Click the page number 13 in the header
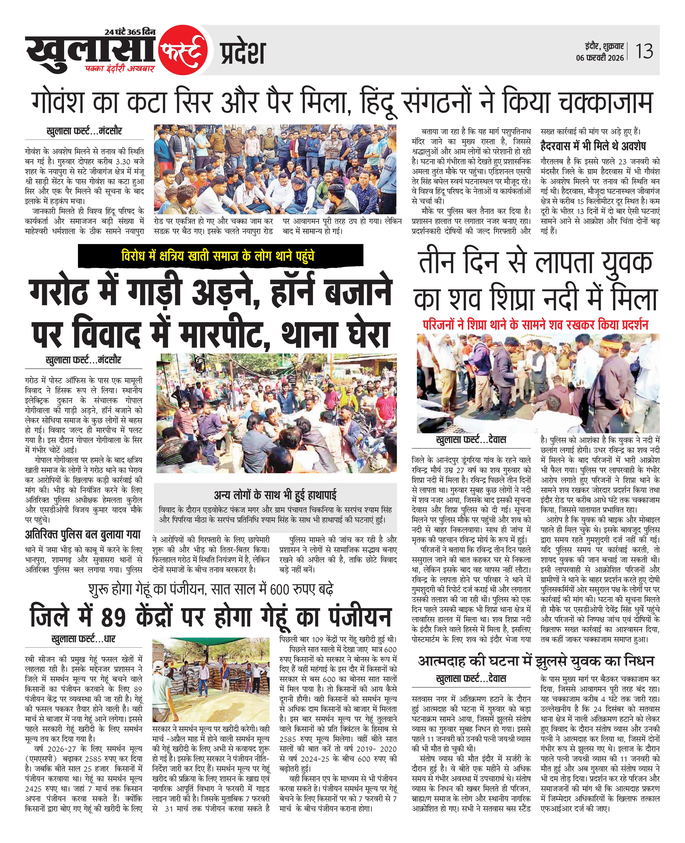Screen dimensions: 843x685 click(644, 51)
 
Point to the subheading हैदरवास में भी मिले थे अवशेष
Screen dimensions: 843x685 click(593, 146)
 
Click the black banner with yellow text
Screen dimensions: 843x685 click(220, 256)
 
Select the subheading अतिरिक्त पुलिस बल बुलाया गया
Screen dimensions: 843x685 click(83, 535)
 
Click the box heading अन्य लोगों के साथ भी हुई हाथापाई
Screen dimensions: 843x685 click(275, 495)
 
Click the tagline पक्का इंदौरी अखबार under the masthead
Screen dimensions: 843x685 click(120, 69)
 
